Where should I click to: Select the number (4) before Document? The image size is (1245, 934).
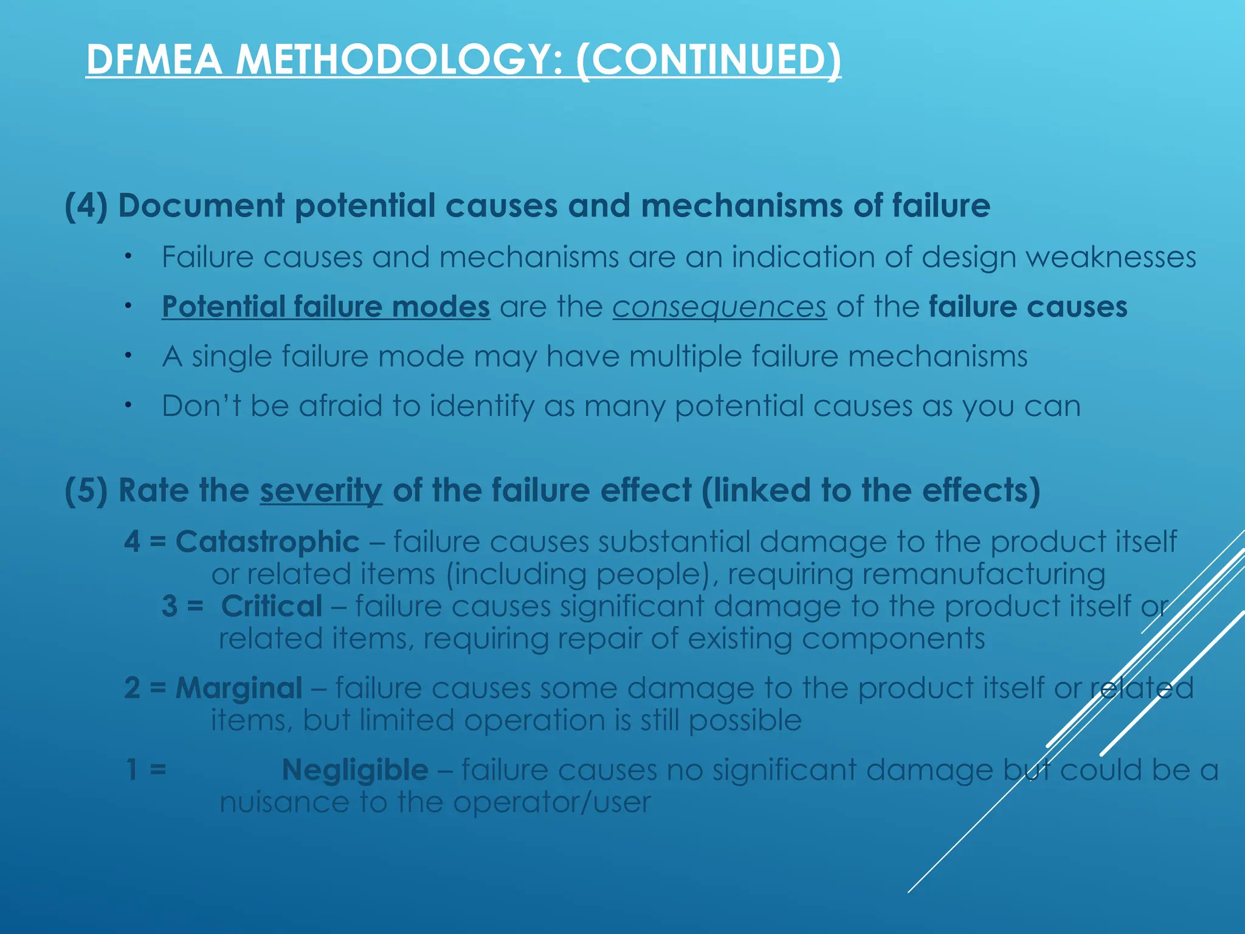86,206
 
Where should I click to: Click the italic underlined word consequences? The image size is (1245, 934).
719,306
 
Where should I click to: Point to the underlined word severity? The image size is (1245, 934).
321,490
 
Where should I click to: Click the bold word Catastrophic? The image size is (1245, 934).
267,541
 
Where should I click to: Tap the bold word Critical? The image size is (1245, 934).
272,606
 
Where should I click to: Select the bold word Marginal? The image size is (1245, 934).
239,688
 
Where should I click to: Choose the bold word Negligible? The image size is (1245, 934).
355,770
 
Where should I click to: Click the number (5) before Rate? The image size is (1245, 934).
86,490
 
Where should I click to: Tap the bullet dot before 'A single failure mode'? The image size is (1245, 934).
128,355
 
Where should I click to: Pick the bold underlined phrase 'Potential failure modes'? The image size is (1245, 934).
326,306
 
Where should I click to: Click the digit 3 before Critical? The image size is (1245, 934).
170,606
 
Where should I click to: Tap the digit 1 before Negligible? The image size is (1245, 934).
131,770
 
